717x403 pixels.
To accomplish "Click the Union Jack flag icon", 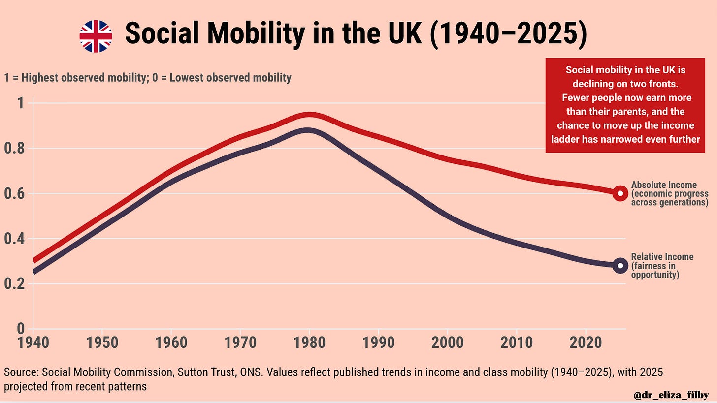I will pos(96,36).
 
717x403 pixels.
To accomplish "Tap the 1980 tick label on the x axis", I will pos(309,342).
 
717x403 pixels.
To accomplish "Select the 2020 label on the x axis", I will pos(585,342).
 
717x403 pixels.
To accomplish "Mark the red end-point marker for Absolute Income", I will pos(620,193).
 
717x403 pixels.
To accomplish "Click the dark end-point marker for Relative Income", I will pos(620,266).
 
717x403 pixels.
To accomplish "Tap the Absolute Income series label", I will pos(669,193).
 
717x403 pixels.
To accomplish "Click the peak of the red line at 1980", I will pos(309,116).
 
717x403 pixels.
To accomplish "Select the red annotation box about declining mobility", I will pos(625,105).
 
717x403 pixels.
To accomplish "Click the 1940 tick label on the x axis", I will pos(33,342).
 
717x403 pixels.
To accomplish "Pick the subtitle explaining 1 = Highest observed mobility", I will pos(148,78).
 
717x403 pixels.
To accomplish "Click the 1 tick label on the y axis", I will pos(21,103).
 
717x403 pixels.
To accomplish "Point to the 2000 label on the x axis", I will pos(447,342).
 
